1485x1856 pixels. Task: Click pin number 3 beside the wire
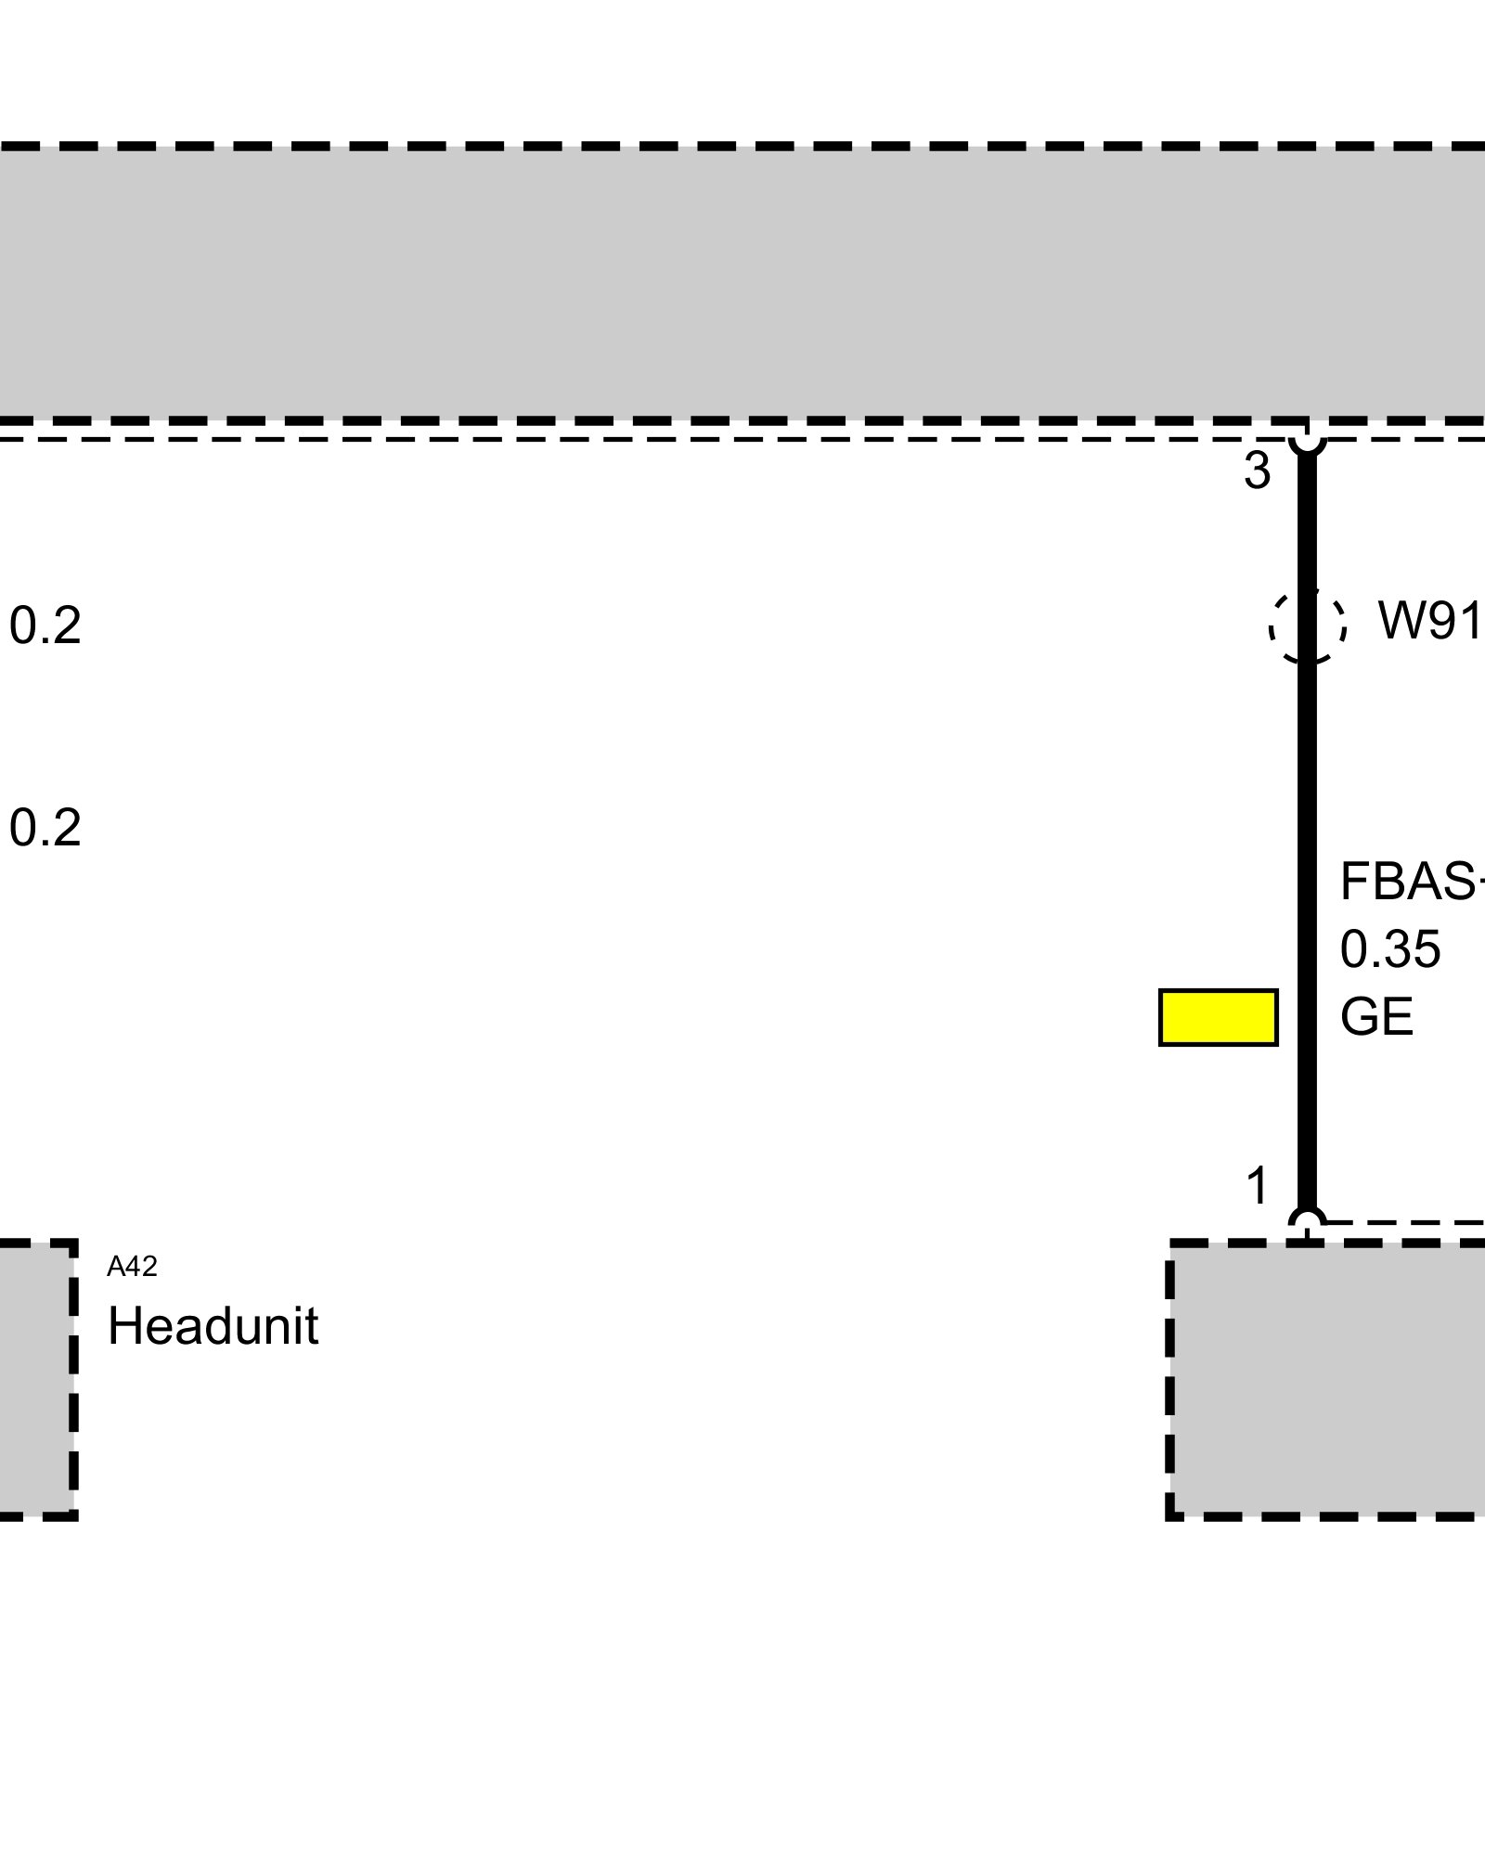1257,472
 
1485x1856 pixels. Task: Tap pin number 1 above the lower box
1258,1186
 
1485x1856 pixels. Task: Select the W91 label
1429,621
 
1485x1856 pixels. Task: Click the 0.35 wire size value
1389,949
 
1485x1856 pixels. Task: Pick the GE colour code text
1376,1016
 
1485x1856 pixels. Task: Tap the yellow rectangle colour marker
1218,1017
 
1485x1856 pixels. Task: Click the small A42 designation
132,1267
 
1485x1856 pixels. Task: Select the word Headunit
213,1326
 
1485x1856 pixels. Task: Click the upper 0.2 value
45,625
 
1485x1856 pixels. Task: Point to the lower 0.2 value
45,828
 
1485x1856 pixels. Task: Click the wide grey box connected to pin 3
742,283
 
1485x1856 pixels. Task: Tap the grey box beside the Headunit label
35,1379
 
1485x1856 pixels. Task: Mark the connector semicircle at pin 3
1307,443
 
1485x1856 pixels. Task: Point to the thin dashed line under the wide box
650,438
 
